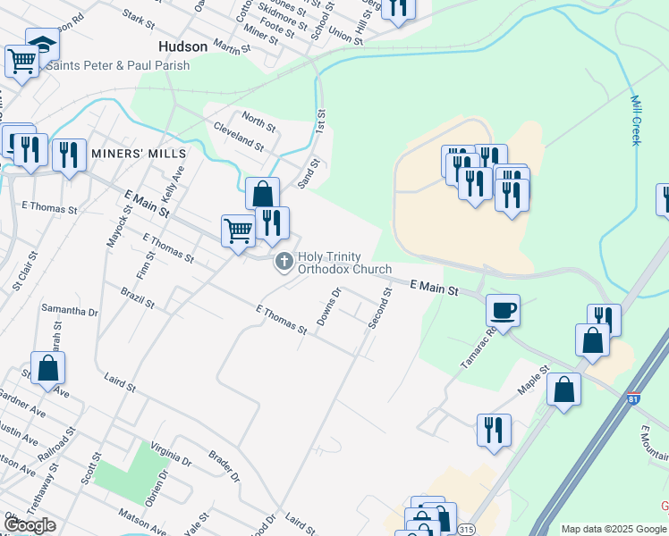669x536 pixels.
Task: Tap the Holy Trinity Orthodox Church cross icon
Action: coord(284,262)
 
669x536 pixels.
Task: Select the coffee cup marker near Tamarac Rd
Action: coord(503,310)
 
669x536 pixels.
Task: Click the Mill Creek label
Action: coord(636,121)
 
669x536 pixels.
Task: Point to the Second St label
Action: coord(380,308)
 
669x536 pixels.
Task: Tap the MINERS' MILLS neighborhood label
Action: coord(135,154)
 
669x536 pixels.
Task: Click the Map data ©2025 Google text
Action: coord(614,529)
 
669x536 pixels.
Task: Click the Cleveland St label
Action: coord(239,137)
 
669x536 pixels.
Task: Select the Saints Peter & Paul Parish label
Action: coord(119,64)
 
